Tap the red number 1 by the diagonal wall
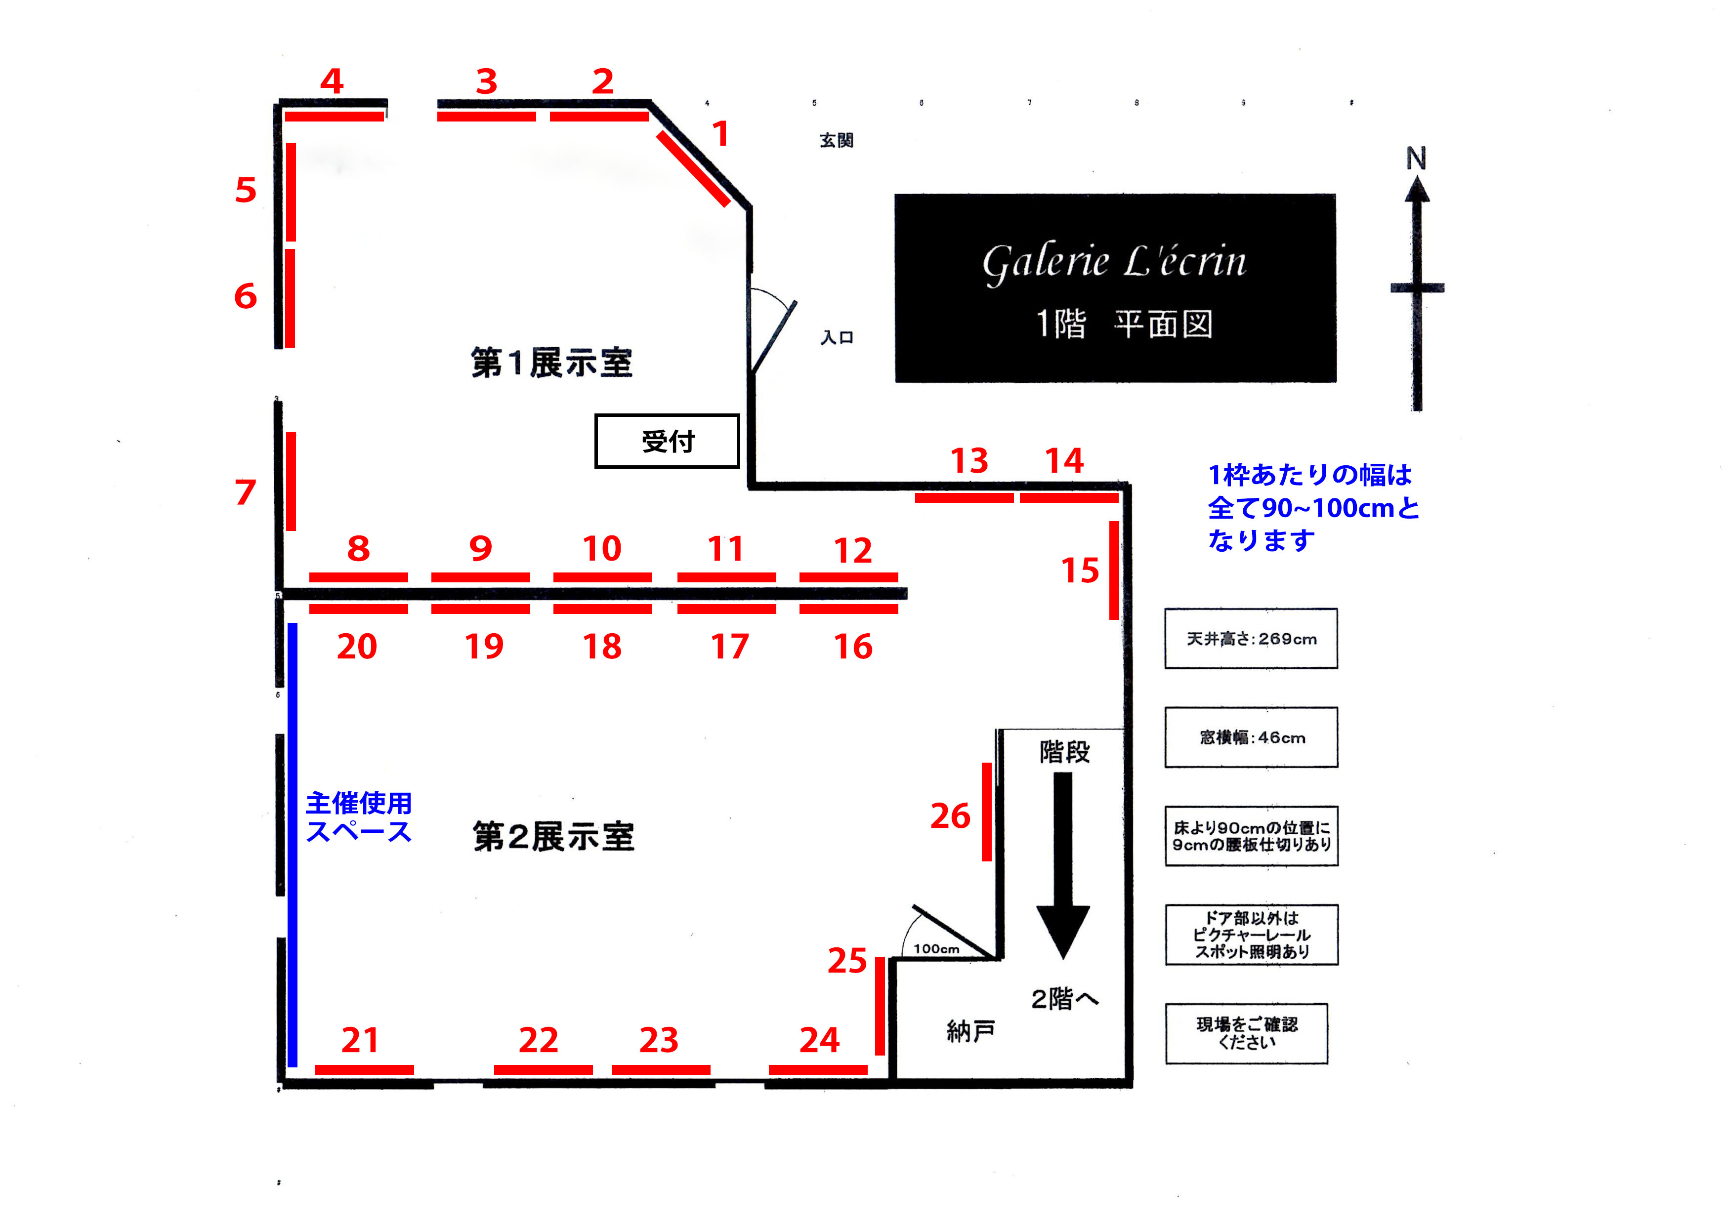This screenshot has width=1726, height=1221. (x=720, y=134)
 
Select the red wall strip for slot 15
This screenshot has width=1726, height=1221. (x=1114, y=570)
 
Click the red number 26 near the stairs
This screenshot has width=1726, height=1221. (x=951, y=816)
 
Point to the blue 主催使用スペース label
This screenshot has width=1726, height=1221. (x=359, y=817)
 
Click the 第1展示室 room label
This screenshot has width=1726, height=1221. (x=552, y=363)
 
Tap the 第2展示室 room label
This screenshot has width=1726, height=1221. (x=553, y=837)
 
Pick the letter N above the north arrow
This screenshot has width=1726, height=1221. (x=1416, y=159)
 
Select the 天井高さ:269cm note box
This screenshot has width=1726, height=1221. (x=1252, y=638)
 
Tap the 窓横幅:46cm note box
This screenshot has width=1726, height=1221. (x=1252, y=737)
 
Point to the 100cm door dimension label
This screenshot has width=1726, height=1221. (x=936, y=949)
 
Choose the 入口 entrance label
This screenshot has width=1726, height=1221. (x=836, y=337)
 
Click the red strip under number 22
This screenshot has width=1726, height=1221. (x=543, y=1069)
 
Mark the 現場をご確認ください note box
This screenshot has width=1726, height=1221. (x=1246, y=1033)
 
